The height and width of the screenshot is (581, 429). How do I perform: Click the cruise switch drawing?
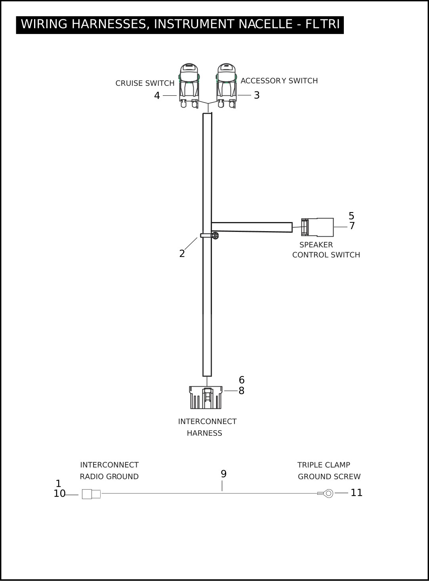[x=189, y=85]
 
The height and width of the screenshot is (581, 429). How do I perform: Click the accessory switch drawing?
[x=226, y=85]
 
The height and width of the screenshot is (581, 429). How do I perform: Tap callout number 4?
[x=157, y=96]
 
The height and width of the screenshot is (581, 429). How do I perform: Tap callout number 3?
[x=257, y=95]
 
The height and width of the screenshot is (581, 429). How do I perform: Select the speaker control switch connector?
[x=317, y=227]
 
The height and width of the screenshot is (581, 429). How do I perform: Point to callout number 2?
[x=182, y=254]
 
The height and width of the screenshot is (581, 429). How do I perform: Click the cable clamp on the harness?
[x=210, y=235]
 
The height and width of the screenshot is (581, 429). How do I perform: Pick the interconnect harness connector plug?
[x=206, y=397]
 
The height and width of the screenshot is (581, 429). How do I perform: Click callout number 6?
[x=242, y=380]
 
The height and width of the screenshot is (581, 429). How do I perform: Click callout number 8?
[x=242, y=391]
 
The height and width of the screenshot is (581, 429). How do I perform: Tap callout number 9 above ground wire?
[x=223, y=474]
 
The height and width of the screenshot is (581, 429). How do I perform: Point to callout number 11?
[x=357, y=493]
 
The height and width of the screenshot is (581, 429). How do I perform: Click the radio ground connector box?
[x=91, y=494]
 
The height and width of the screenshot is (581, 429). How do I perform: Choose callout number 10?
[x=59, y=494]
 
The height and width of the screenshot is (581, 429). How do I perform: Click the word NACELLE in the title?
[x=265, y=24]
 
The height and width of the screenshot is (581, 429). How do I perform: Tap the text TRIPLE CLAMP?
[x=324, y=465]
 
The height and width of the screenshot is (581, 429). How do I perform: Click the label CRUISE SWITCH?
[x=145, y=83]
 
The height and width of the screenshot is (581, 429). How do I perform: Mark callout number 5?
[x=351, y=216]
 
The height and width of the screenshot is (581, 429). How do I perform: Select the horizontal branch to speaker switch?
[x=252, y=227]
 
